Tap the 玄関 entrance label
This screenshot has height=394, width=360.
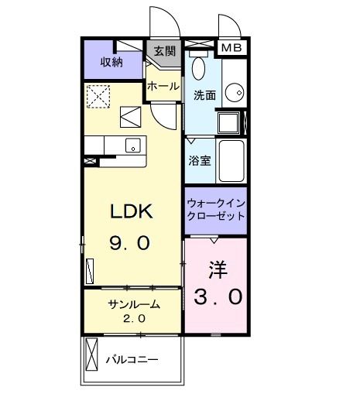click(x=163, y=52)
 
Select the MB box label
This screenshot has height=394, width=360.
click(x=231, y=48)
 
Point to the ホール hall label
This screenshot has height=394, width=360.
click(x=163, y=86)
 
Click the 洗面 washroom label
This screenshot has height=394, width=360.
click(x=204, y=96)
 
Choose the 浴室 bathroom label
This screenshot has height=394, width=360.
click(x=200, y=161)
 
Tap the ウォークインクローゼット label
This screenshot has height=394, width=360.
click(x=216, y=210)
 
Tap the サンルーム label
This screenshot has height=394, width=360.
click(x=133, y=304)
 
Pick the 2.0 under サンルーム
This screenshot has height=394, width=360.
click(x=133, y=319)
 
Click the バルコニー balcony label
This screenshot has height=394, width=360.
click(x=132, y=361)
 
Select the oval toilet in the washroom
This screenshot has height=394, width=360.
click(x=197, y=69)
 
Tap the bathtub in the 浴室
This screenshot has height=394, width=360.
click(x=231, y=160)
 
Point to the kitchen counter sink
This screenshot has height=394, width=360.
click(x=132, y=145)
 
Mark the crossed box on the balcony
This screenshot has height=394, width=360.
click(x=92, y=361)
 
